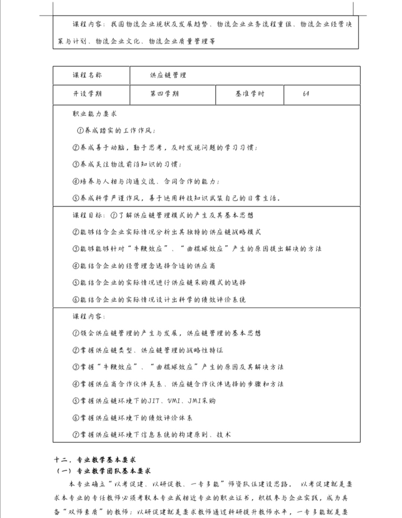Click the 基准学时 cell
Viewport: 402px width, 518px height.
coord(250,94)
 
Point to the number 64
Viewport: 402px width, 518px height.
coord(306,94)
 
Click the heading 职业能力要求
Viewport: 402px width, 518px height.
coord(95,114)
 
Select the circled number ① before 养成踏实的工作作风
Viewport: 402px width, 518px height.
coord(80,131)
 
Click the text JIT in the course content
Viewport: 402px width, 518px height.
coord(154,401)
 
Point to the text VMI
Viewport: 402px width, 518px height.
coord(174,401)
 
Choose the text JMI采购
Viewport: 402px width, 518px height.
coord(201,401)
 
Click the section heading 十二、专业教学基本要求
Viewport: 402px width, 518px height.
coord(95,460)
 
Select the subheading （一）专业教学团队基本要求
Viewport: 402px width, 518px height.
coord(103,471)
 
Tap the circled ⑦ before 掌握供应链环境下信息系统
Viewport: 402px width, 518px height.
coord(76,435)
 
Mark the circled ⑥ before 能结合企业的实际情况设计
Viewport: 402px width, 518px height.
coord(76,300)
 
